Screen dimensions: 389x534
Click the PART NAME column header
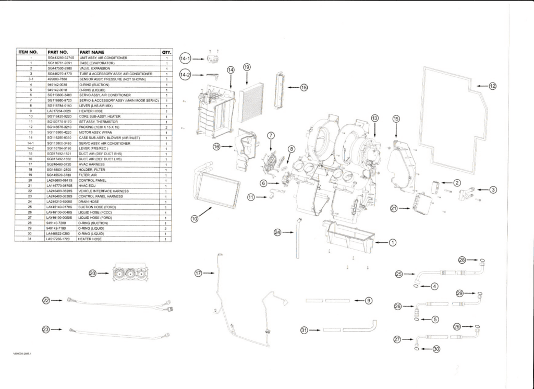point(92,52)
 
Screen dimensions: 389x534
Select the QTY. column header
point(166,52)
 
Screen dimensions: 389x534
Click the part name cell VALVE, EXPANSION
point(95,68)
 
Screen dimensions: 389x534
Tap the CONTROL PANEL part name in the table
point(93,180)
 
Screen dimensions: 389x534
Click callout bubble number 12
point(492,86)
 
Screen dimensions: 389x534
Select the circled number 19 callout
point(247,67)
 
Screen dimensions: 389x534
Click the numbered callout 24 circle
point(277,232)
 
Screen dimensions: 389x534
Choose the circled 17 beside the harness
point(198,273)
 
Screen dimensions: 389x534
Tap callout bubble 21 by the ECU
point(395,208)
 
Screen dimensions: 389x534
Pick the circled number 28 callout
point(462,260)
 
